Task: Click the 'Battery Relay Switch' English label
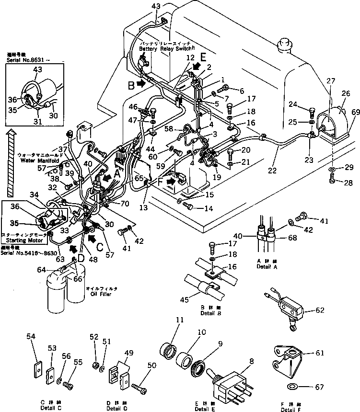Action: coord(165,49)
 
